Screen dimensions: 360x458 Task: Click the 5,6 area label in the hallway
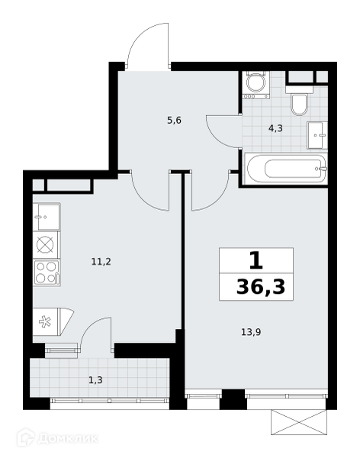point(175,121)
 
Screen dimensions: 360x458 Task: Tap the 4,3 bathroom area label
point(275,128)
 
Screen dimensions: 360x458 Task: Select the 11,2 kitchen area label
point(101,262)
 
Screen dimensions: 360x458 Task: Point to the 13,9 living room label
point(251,332)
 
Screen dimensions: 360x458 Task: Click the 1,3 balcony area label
point(95,380)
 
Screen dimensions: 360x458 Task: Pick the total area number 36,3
point(260,287)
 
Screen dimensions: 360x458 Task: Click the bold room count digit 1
point(256,261)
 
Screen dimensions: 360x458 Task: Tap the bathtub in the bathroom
point(286,169)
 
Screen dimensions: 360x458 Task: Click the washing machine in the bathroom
point(256,85)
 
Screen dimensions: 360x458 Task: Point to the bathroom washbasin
point(317,135)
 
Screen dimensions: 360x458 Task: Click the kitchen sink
point(47,218)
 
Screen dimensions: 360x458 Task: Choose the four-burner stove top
point(47,273)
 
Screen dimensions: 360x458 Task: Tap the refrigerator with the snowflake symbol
point(53,322)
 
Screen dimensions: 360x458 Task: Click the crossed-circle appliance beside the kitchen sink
point(46,245)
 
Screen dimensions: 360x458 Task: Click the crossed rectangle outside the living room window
point(299,422)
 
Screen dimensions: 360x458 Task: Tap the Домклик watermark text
point(68,438)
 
